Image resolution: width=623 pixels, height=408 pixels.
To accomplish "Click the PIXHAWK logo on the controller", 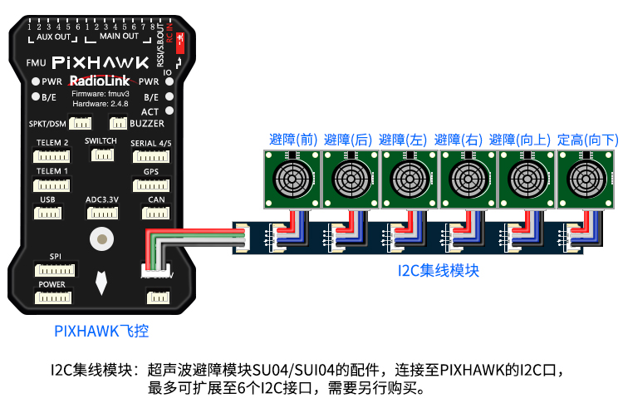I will pos(101,62).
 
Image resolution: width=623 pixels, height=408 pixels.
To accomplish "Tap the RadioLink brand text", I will pos(101,81).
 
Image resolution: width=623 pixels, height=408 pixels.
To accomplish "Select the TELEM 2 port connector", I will pos(53,156).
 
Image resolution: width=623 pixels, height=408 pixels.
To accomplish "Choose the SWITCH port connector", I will pos(101,155).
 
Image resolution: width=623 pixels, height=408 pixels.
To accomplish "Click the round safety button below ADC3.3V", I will pos(101,238).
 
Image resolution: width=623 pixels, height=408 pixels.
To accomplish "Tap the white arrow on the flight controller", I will pos(101,283).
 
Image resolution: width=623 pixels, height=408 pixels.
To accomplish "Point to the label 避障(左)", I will pos(402,140).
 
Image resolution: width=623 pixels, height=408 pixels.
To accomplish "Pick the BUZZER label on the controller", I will pos(147,123).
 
